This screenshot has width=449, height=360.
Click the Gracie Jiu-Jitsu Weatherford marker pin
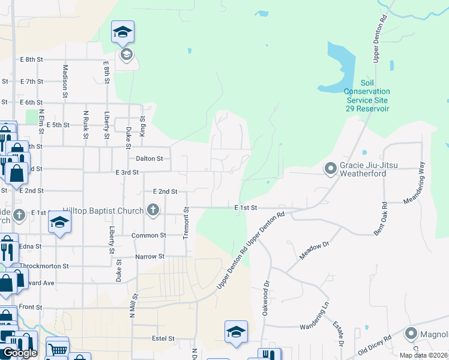coord(330,168)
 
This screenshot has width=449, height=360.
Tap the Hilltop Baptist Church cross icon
coord(153,210)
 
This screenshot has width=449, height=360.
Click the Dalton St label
coord(149,158)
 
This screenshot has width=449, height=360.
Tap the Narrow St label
coord(149,257)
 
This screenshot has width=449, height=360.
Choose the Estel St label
coord(163,338)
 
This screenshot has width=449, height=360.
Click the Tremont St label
coord(186,224)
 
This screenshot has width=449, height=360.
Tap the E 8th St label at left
coord(32,59)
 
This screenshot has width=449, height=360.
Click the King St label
coord(143,127)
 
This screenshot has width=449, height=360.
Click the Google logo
coord(20,353)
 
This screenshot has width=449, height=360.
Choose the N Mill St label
coord(133,305)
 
